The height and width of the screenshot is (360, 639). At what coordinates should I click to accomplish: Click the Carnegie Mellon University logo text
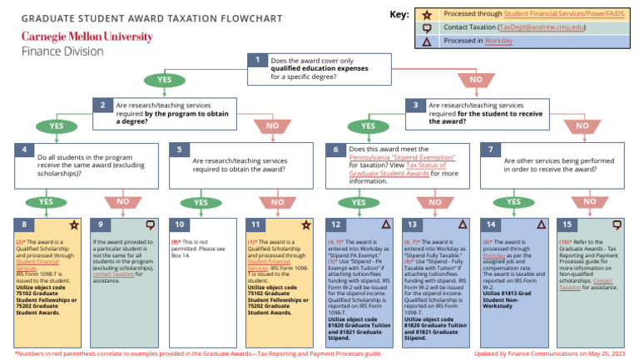(x=87, y=37)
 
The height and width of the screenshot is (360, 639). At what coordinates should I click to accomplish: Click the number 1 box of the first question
(x=258, y=60)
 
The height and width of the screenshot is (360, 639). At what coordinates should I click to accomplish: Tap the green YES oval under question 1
(x=165, y=80)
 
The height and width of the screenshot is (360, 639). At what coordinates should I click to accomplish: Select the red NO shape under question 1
(x=475, y=80)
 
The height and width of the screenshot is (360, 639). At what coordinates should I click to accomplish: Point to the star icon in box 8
(x=74, y=224)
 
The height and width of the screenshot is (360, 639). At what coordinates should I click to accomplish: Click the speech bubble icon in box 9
(x=151, y=224)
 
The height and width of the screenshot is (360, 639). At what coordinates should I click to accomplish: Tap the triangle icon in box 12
(x=384, y=224)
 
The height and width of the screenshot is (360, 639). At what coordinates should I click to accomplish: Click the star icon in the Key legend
(x=427, y=13)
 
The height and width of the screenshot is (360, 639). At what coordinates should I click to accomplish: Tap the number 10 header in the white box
(x=181, y=224)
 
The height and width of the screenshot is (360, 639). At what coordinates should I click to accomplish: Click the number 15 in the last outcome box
(x=567, y=224)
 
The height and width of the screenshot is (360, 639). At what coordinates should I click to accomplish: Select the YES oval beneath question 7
(x=513, y=202)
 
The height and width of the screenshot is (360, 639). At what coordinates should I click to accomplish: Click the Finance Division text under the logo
(x=62, y=51)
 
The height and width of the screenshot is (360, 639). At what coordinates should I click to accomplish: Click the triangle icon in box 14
(x=541, y=224)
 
